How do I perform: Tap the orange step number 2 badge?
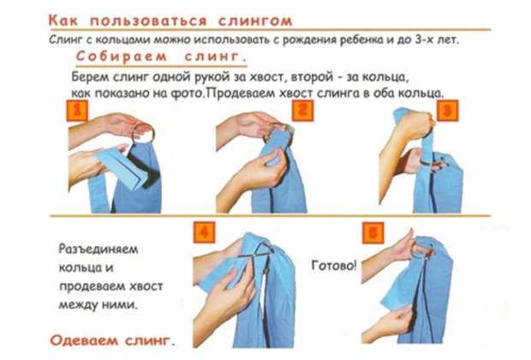[x=302, y=111]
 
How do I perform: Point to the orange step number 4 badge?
[x=205, y=233]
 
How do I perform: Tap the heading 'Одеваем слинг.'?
[x=113, y=340]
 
